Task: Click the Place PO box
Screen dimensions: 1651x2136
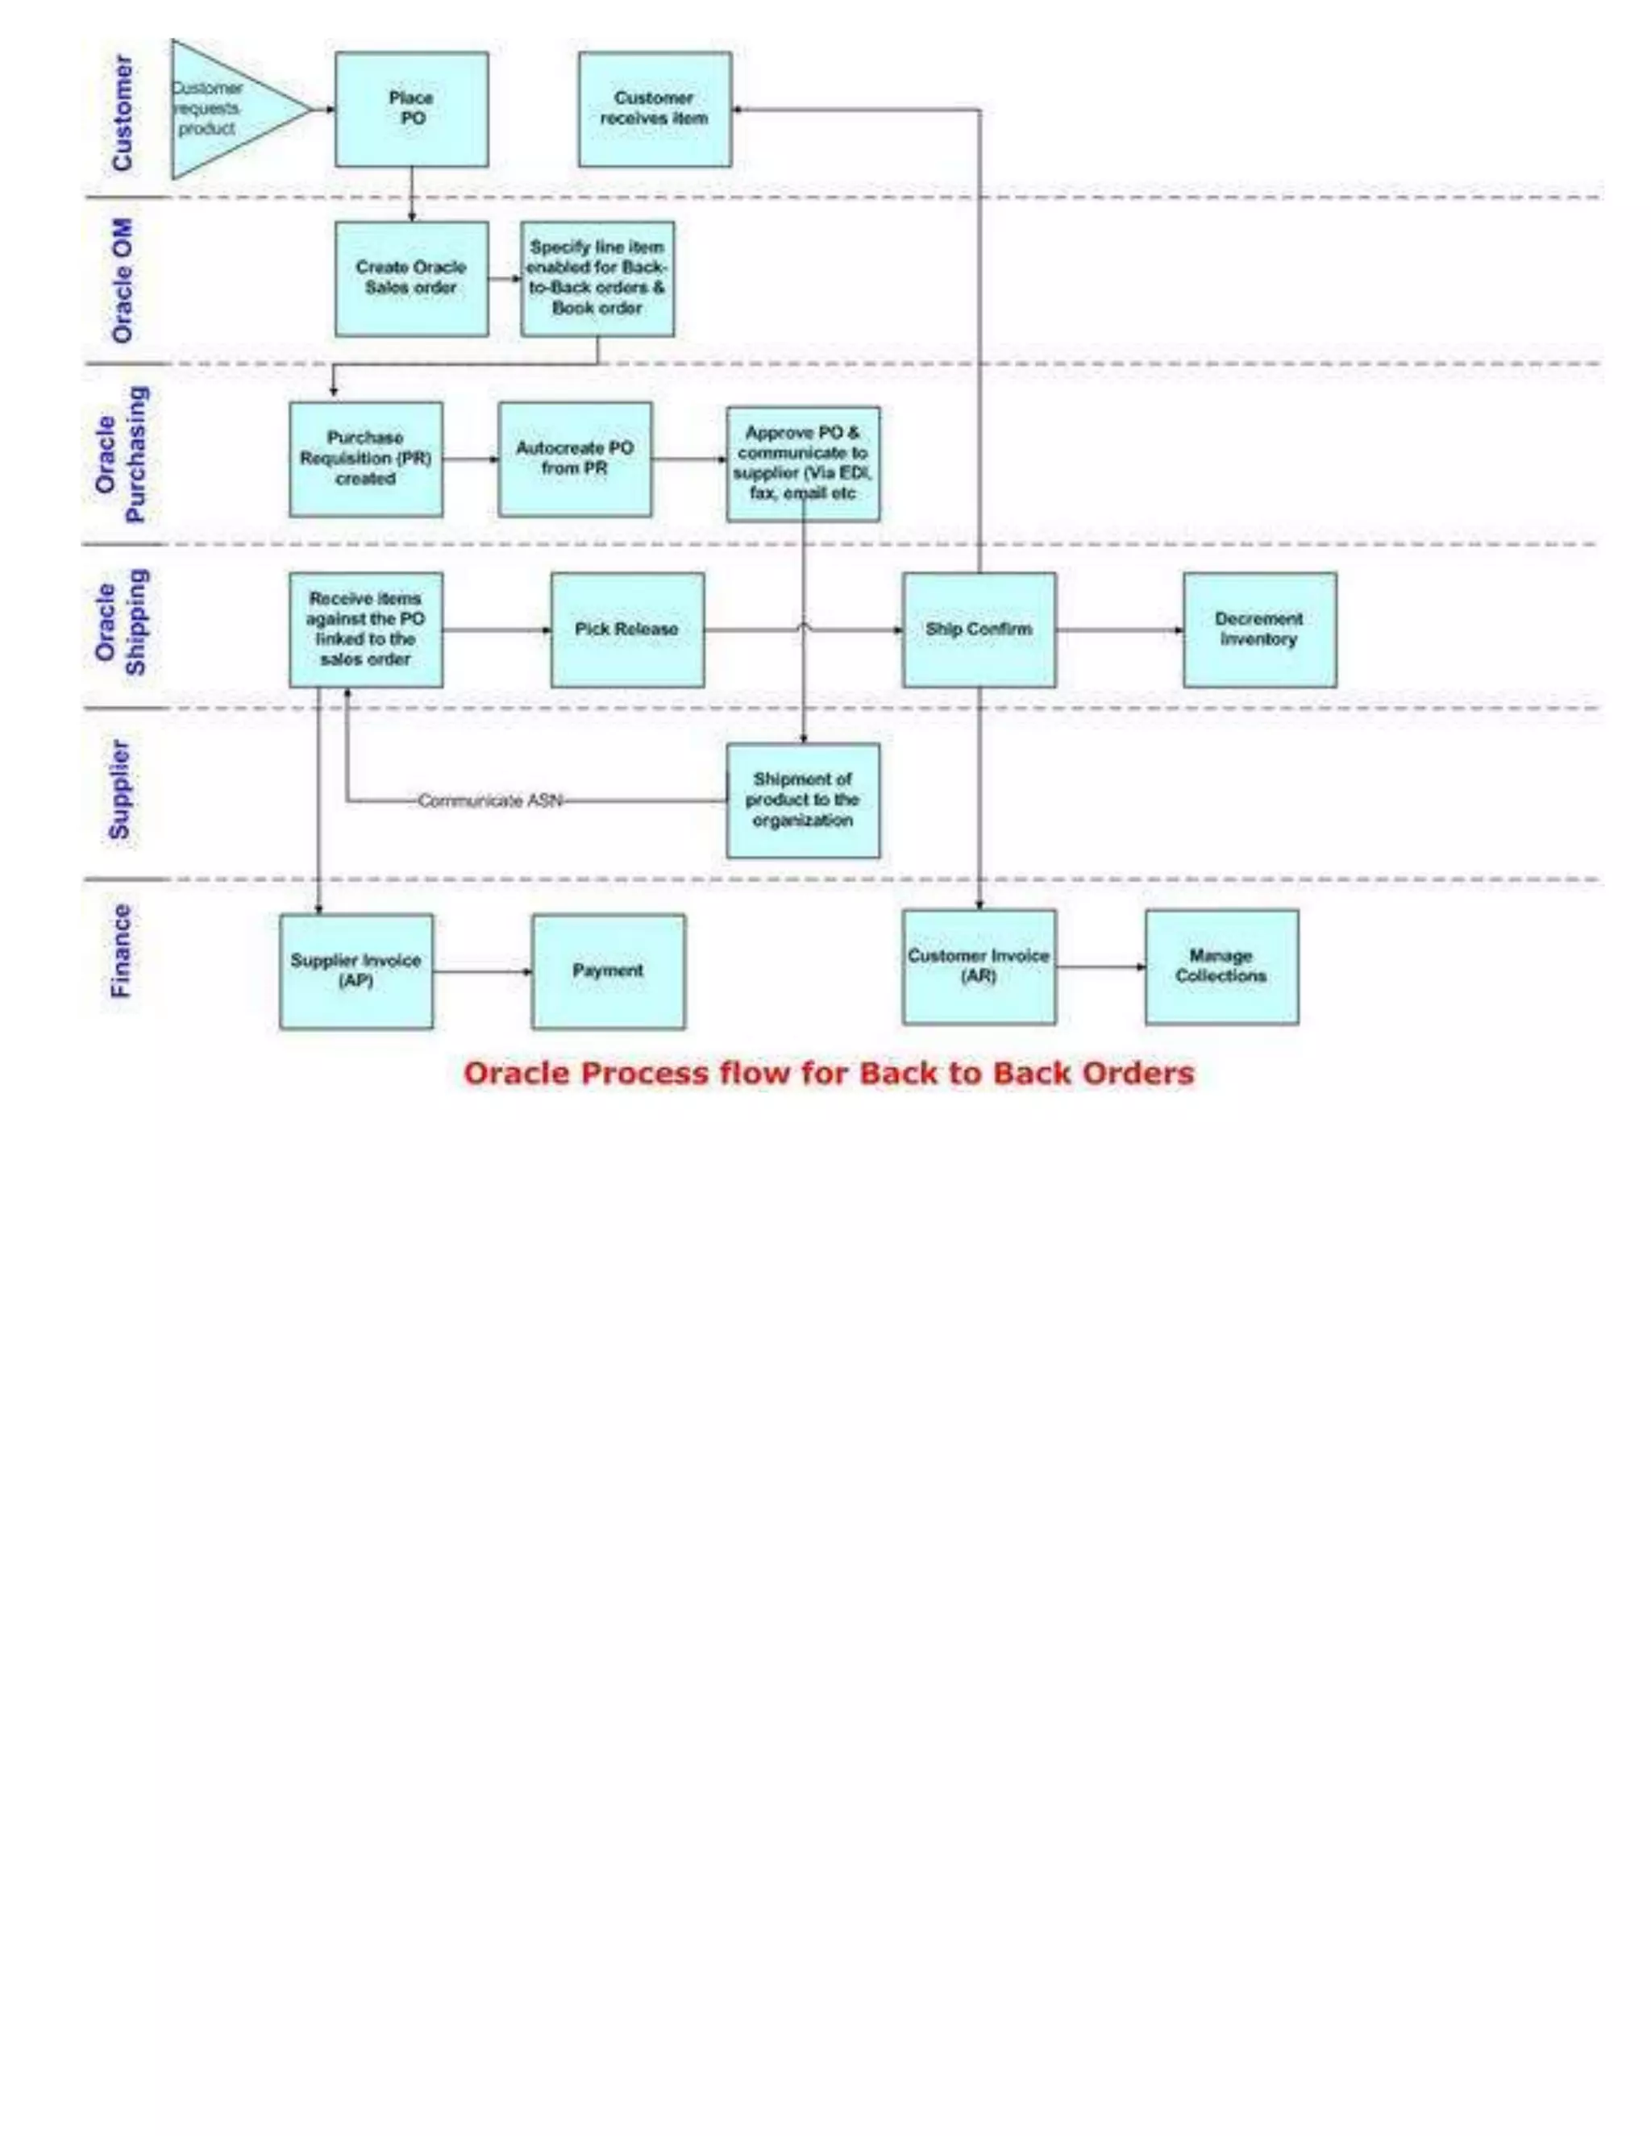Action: (x=411, y=109)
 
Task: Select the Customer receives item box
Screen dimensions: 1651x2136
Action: (x=655, y=109)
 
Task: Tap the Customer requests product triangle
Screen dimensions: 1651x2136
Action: (x=225, y=109)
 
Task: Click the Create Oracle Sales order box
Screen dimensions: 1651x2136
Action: (x=411, y=278)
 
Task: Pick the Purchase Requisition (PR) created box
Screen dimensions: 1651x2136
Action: (x=365, y=459)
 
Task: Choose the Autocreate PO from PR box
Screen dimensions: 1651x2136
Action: (x=574, y=459)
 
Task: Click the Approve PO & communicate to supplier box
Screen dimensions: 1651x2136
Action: (x=802, y=463)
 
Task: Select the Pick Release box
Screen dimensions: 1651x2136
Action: (x=627, y=629)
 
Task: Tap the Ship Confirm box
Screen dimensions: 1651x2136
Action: (x=978, y=629)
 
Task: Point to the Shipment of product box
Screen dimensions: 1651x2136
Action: (x=802, y=800)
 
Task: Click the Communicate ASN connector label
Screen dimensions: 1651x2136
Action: (x=490, y=801)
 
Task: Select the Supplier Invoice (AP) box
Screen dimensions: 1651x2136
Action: (x=356, y=970)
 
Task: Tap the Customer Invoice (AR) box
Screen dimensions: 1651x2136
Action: (x=978, y=966)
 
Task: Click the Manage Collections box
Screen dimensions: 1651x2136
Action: (x=1221, y=966)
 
